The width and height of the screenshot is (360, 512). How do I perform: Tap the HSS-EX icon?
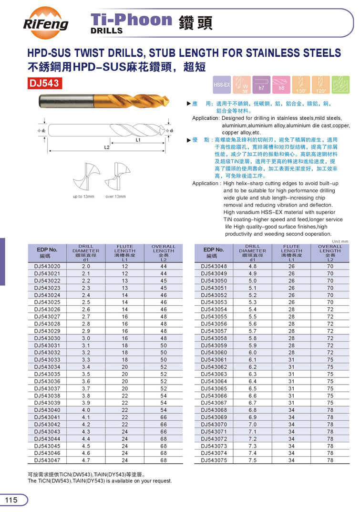[x=222, y=84]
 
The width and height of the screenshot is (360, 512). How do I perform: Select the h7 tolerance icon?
[x=261, y=84]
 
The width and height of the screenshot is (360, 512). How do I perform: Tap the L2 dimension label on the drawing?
[x=107, y=148]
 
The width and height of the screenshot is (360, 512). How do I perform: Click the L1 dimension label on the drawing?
[x=137, y=141]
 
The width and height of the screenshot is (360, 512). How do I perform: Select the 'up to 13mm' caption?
[x=83, y=197]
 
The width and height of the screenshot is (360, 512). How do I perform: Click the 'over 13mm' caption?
[x=115, y=197]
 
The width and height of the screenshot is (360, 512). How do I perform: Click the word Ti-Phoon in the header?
[x=131, y=20]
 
